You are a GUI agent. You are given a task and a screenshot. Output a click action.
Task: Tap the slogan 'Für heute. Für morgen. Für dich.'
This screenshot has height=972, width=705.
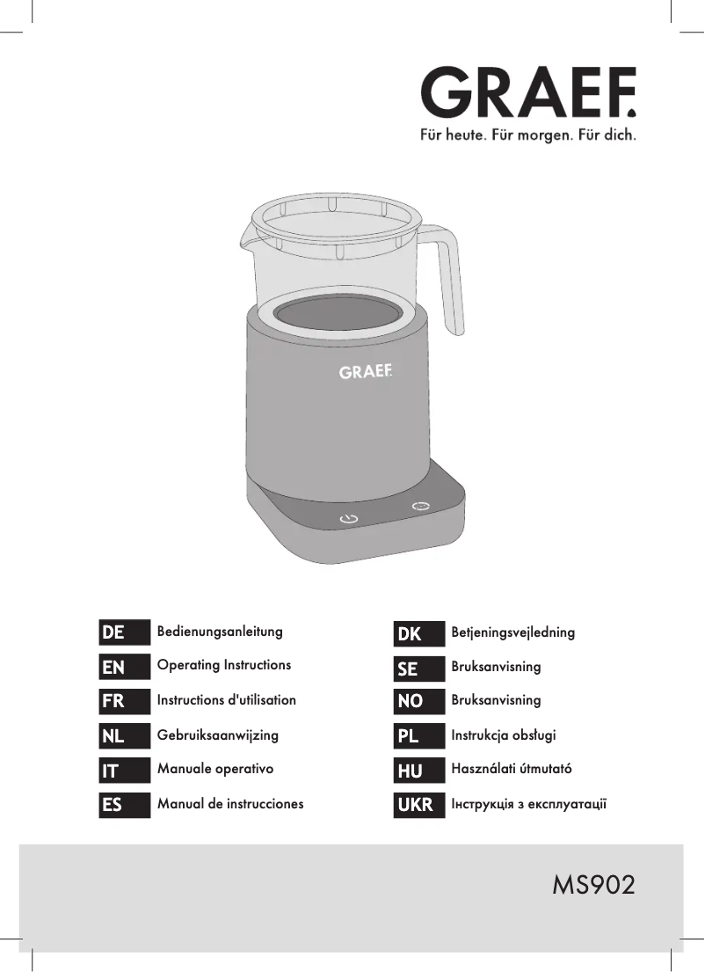pyautogui.click(x=528, y=135)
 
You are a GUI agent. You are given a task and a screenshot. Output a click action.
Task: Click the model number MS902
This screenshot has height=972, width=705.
pyautogui.click(x=593, y=885)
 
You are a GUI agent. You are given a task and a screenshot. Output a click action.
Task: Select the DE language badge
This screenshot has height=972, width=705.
pyautogui.click(x=125, y=632)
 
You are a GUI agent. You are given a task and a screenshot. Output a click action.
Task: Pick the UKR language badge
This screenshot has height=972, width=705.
pyautogui.click(x=418, y=805)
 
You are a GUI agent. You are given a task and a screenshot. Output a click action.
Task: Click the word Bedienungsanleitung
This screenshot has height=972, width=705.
pyautogui.click(x=220, y=632)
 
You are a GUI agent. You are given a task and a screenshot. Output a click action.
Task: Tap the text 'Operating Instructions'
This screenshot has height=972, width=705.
pyautogui.click(x=223, y=665)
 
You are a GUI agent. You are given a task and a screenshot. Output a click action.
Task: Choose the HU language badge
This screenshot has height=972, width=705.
pyautogui.click(x=418, y=771)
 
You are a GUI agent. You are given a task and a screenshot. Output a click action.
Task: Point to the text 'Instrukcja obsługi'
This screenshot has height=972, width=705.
pyautogui.click(x=503, y=735)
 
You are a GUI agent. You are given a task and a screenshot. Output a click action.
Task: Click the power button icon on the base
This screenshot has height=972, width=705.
pyautogui.click(x=349, y=519)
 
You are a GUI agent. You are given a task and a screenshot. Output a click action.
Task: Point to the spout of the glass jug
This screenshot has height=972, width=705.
pyautogui.click(x=246, y=234)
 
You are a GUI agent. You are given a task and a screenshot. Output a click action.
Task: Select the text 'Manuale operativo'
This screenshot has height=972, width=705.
pyautogui.click(x=215, y=770)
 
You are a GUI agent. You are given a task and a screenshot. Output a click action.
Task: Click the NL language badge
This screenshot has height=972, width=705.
pyautogui.click(x=125, y=736)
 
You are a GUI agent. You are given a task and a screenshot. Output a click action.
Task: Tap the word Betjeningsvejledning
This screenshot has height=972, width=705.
pyautogui.click(x=513, y=633)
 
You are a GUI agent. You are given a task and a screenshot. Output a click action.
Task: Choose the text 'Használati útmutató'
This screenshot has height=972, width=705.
pyautogui.click(x=511, y=769)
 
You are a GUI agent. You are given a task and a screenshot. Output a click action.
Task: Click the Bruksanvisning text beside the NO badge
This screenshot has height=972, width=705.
pyautogui.click(x=496, y=700)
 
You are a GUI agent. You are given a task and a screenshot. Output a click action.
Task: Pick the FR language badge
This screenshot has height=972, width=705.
pyautogui.click(x=125, y=701)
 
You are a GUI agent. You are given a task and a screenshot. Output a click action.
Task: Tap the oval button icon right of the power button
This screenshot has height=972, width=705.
pyautogui.click(x=421, y=507)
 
